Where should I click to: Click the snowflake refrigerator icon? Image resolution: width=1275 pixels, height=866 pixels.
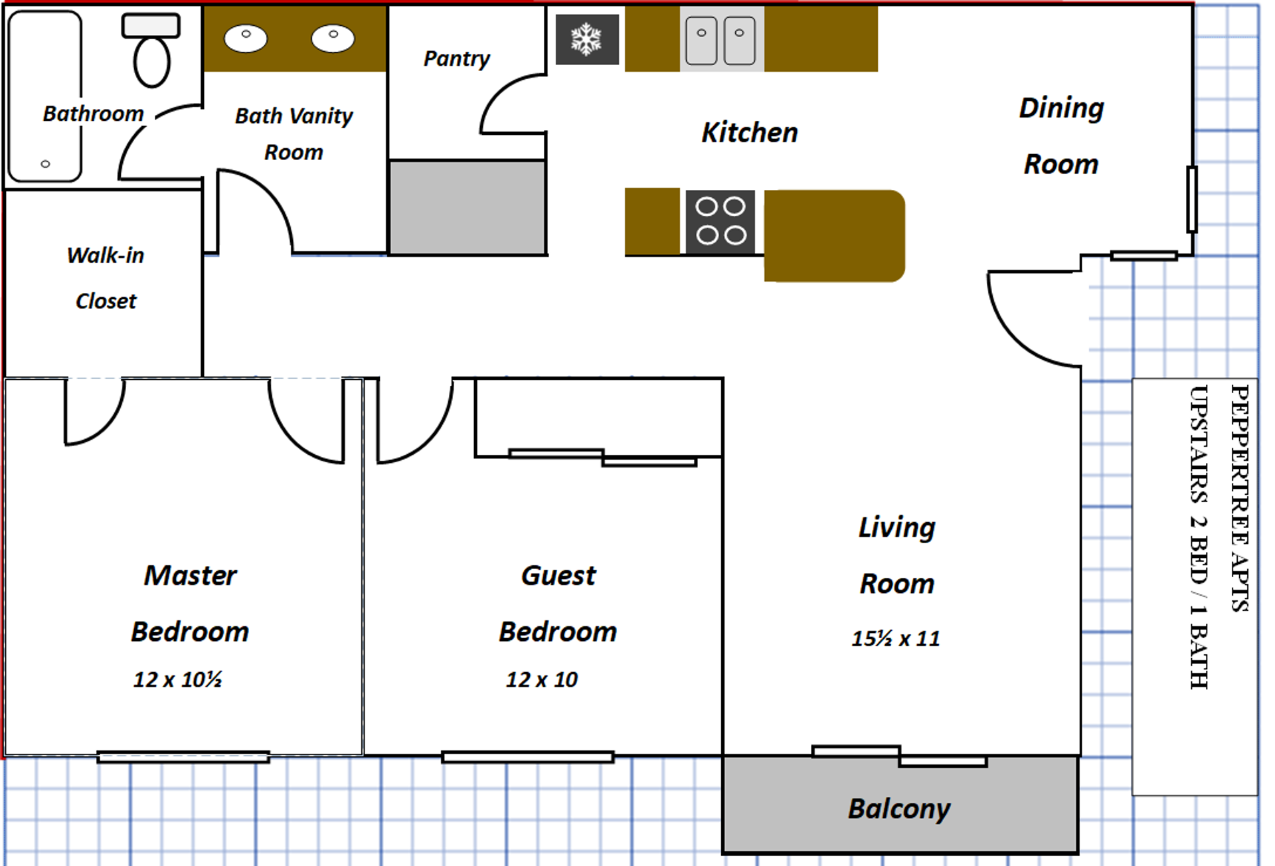587,39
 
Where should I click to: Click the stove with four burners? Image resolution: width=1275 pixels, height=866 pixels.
721,222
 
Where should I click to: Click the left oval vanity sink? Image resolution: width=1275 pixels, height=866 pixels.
246,38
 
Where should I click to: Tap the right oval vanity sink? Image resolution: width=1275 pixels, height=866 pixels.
333,38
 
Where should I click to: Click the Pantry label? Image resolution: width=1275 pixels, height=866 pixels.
457,59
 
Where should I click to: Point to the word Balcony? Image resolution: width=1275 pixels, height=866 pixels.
899,809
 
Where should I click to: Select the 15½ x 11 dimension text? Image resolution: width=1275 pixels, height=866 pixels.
896,639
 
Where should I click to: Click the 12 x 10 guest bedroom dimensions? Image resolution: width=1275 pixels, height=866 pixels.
542,679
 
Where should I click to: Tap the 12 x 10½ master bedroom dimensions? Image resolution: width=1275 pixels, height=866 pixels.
177,679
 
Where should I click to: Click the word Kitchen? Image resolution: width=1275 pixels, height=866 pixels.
750,133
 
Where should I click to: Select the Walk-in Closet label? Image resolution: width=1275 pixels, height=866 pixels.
106,278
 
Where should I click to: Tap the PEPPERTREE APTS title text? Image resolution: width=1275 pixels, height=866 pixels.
1240,498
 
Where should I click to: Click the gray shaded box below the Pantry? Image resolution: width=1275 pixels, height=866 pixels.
467,207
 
